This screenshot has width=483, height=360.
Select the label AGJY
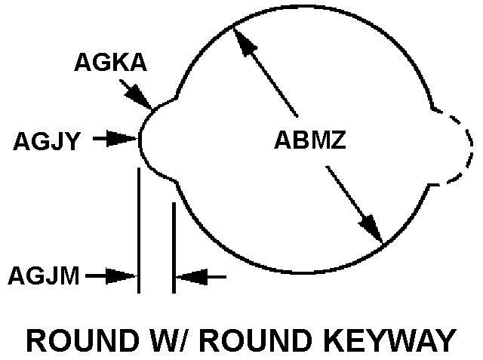(47, 140)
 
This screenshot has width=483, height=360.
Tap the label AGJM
(44, 276)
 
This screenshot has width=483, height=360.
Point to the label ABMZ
(309, 140)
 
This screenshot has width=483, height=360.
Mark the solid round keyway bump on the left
(154, 139)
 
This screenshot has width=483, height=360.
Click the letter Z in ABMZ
(337, 140)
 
